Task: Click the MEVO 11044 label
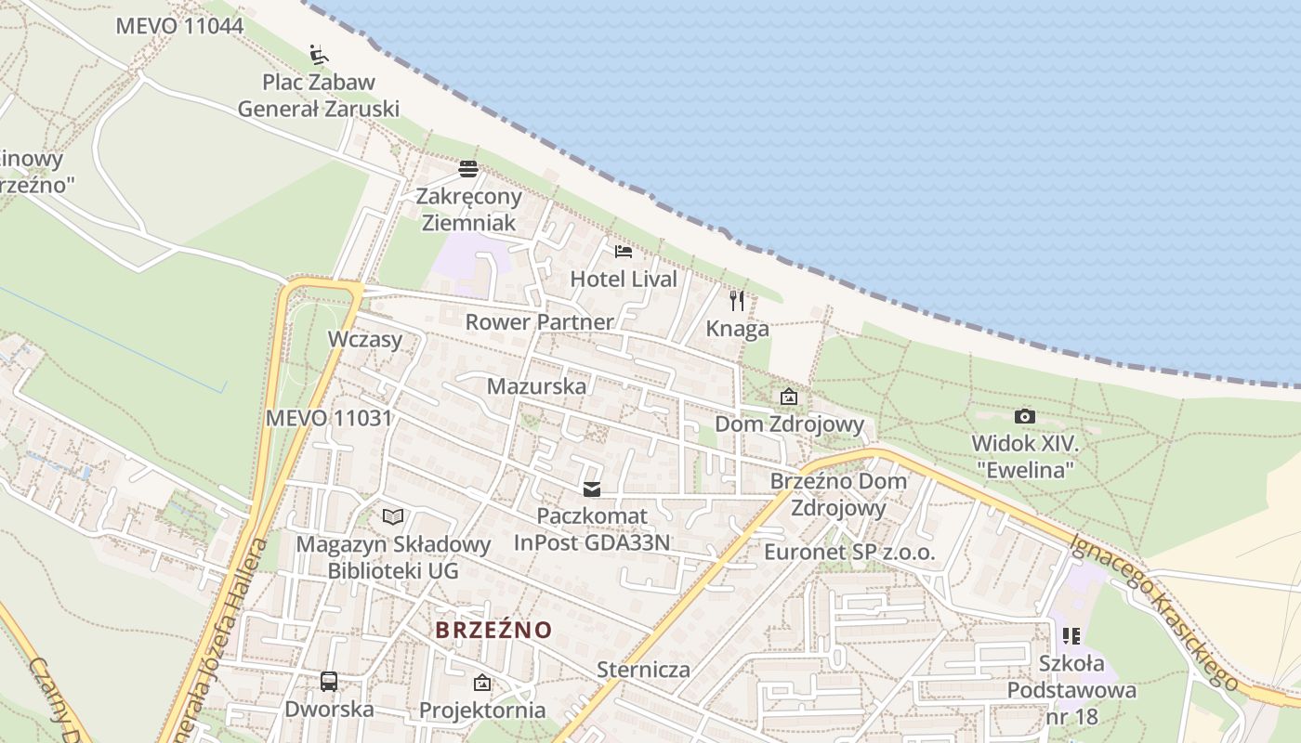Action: click(x=179, y=26)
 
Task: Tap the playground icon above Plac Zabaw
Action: click(x=319, y=55)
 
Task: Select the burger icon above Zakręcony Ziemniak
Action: click(x=468, y=169)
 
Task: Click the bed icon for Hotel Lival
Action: click(x=624, y=251)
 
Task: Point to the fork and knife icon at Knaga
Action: click(x=737, y=301)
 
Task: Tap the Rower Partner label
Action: click(x=539, y=322)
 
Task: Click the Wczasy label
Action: click(x=365, y=339)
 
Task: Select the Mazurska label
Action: click(x=537, y=386)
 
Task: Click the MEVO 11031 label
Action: click(x=329, y=418)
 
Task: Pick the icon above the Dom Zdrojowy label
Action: click(x=789, y=397)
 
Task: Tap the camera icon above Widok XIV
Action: click(x=1025, y=416)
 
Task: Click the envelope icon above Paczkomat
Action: click(x=592, y=489)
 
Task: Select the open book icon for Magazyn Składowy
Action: click(x=393, y=516)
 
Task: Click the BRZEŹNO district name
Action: click(x=493, y=630)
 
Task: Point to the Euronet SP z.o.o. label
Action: click(x=849, y=553)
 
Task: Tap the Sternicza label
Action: click(x=643, y=670)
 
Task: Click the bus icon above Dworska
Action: click(x=329, y=681)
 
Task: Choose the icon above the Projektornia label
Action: click(x=482, y=684)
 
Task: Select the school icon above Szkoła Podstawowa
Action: click(x=1071, y=636)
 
